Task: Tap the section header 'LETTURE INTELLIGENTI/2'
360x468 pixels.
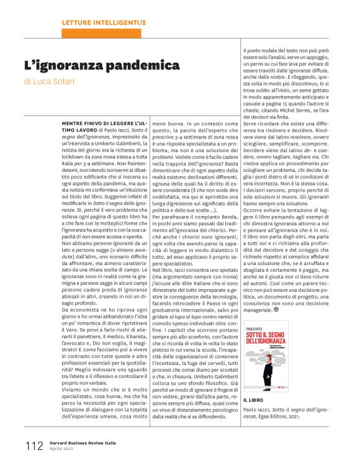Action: click(x=104, y=23)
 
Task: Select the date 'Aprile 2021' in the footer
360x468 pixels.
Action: click(x=64, y=449)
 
